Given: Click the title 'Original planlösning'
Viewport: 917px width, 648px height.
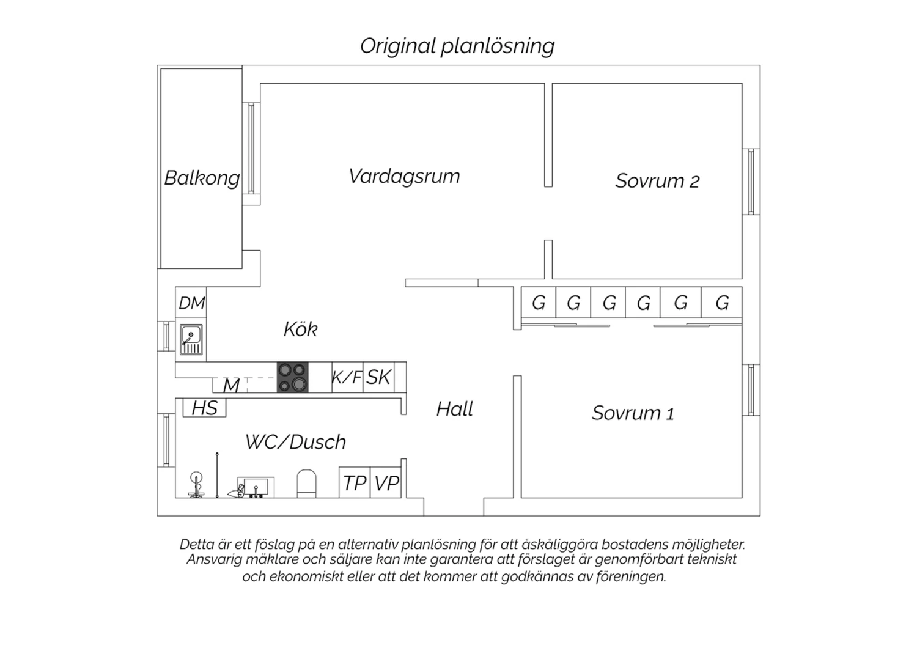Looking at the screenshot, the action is (x=457, y=46).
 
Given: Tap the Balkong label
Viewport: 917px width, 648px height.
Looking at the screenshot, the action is (x=202, y=179).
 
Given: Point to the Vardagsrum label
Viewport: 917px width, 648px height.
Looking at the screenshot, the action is (x=404, y=177).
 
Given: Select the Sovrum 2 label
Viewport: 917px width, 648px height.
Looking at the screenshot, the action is (x=657, y=181).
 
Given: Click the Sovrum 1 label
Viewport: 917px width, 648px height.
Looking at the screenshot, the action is (x=633, y=413).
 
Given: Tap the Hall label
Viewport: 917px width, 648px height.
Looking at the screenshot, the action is (x=454, y=409).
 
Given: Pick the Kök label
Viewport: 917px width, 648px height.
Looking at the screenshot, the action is (x=300, y=329).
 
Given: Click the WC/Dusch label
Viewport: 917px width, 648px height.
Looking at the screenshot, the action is (x=295, y=442).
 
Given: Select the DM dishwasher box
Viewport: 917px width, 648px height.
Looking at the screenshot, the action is (x=191, y=303).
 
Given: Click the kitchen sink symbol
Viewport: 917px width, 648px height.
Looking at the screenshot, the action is (x=191, y=339).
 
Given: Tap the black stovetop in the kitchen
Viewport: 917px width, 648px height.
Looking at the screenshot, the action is (x=292, y=377).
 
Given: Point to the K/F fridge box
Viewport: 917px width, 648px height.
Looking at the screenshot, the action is (x=347, y=377).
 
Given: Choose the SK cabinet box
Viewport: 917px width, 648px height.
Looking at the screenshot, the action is (x=378, y=377).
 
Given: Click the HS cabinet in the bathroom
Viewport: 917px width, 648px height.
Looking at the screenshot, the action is (x=204, y=408).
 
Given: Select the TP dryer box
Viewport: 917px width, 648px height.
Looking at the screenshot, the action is (x=355, y=482).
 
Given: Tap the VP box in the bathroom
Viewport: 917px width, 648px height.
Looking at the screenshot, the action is (x=386, y=482).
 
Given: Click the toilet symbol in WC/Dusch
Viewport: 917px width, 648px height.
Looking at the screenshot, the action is (x=306, y=484).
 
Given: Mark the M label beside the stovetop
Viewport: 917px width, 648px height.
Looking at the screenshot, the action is (x=231, y=386).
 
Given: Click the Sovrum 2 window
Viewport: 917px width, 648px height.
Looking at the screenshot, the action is (x=751, y=182).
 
